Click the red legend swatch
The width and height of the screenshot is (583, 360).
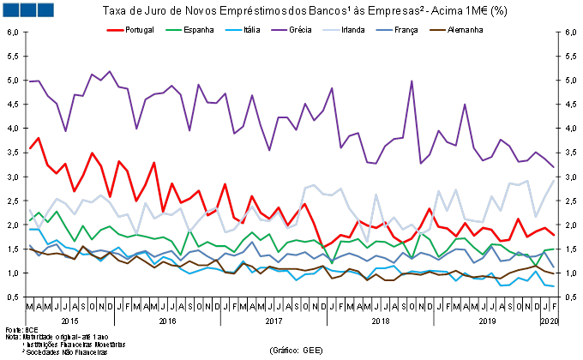click(x=115, y=30)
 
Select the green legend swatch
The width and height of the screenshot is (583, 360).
click(x=174, y=30)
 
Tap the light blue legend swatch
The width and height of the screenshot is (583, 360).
click(x=233, y=30)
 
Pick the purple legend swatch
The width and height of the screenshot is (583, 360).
click(x=279, y=30)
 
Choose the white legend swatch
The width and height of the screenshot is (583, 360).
click(x=331, y=30)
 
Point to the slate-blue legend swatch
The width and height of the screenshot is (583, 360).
click(x=384, y=30)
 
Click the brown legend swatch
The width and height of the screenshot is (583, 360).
click(x=437, y=30)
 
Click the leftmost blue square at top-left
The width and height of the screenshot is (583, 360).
click(x=10, y=9)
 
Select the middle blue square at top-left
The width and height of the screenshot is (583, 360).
click(x=27, y=9)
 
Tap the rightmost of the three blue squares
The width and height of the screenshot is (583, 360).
click(x=45, y=9)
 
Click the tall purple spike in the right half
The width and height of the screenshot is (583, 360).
click(x=412, y=81)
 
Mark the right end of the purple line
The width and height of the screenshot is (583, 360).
click(x=554, y=167)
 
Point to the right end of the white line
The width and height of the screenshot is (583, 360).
click(x=554, y=180)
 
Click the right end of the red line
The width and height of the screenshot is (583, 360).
click(x=554, y=235)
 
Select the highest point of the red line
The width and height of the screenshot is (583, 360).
click(x=39, y=137)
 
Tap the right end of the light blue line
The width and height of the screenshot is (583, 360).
click(x=554, y=286)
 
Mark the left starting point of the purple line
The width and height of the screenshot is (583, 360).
click(x=29, y=81)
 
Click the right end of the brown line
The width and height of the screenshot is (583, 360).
click(x=554, y=273)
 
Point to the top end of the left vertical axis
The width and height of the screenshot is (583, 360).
click(x=26, y=32)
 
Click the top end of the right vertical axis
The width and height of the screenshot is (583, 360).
click(x=558, y=32)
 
